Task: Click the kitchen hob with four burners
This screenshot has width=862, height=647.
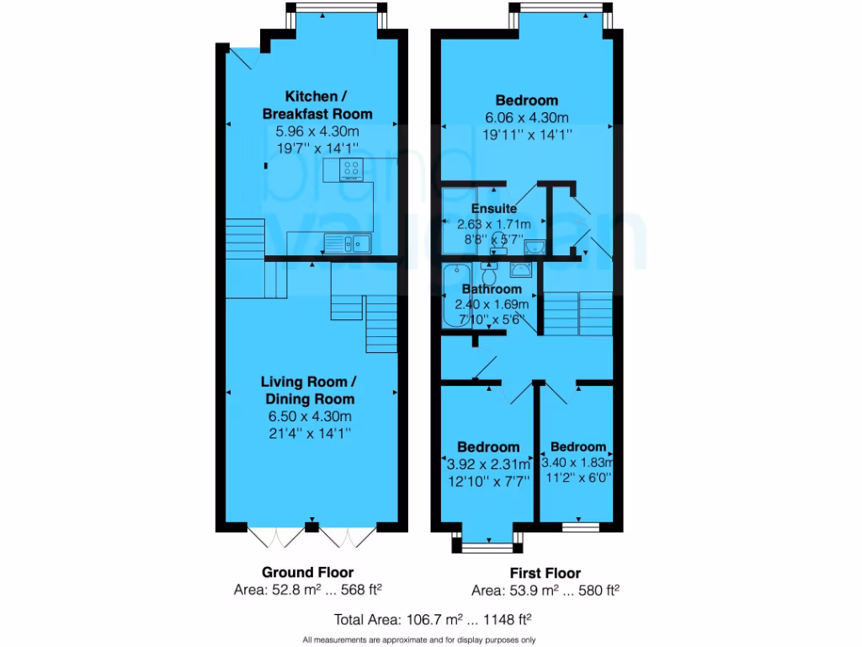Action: tap(352, 170)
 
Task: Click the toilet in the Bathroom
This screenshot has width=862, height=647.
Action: tap(489, 275)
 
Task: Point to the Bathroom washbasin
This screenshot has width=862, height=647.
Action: tap(519, 269)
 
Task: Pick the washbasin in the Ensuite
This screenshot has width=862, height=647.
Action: tap(536, 246)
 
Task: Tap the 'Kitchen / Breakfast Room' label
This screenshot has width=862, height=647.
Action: tap(317, 104)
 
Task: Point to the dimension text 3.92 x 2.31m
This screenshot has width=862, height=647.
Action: tap(487, 464)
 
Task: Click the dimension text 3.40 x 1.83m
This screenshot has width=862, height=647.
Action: tap(577, 463)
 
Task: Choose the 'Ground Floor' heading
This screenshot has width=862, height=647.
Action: tap(307, 572)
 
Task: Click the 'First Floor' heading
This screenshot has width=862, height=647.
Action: tap(551, 573)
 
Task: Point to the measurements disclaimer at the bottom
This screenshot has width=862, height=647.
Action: tap(418, 639)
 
